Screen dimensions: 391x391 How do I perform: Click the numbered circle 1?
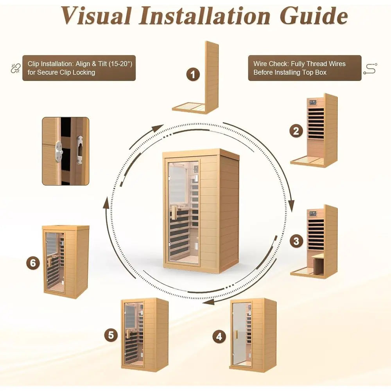coord(192,74)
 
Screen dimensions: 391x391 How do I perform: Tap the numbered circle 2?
coord(296,131)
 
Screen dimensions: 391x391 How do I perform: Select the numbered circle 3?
coord(296,241)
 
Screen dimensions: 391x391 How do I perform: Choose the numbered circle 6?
coord(33,263)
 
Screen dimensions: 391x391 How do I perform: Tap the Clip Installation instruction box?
coord(79,68)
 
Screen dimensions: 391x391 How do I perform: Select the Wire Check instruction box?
coord(305,68)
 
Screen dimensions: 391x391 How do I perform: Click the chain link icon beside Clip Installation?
coord(15,68)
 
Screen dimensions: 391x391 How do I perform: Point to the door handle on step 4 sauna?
coord(236,335)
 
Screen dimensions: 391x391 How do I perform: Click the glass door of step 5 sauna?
coord(132,334)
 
